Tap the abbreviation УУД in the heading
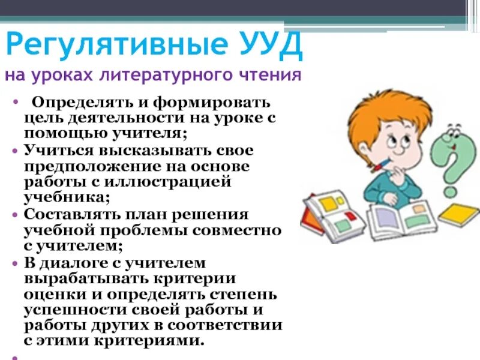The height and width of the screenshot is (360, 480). [271, 45]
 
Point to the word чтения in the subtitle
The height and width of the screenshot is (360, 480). [271, 76]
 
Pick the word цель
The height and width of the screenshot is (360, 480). [44, 118]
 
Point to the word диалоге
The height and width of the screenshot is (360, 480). [75, 262]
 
